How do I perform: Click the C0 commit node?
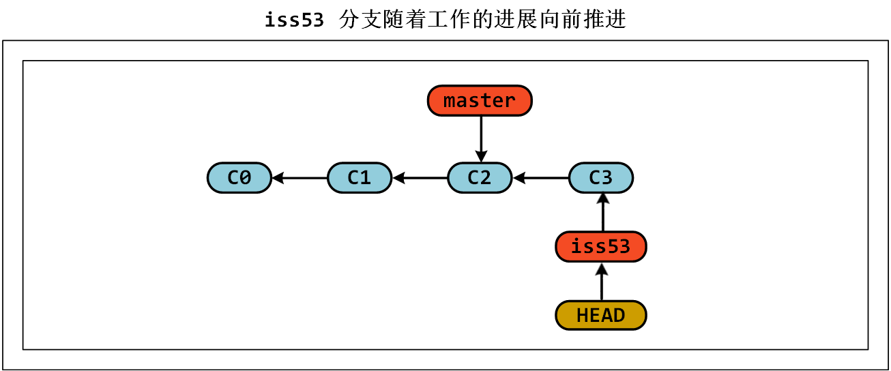coord(239,178)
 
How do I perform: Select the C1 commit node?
coord(360,178)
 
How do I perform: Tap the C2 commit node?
coord(480,178)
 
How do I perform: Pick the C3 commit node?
coord(601,178)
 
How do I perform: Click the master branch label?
coord(480,101)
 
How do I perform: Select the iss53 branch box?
coord(601,246)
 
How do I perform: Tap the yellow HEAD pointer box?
coord(601,315)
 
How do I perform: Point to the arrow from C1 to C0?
coord(300,179)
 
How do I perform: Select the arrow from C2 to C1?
coord(420,179)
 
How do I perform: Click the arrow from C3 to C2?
coord(540,179)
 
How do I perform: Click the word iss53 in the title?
coord(294,20)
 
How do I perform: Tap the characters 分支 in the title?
coord(357,20)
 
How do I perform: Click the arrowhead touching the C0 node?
coord(278,179)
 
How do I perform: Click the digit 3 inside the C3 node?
coord(607,178)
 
